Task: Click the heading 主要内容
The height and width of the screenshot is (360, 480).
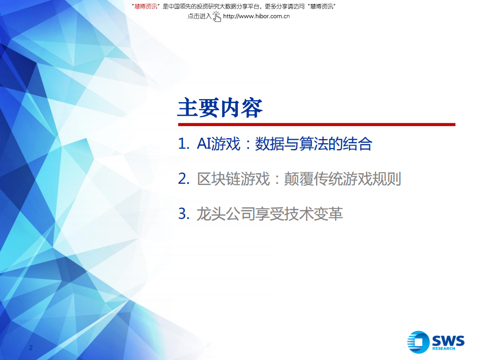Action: coord(220,108)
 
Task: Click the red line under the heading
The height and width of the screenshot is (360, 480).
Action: coord(316,124)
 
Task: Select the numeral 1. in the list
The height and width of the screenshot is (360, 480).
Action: coord(183,145)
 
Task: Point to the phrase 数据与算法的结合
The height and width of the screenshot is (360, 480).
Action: coord(313,145)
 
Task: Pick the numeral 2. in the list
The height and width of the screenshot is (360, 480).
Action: coord(183,179)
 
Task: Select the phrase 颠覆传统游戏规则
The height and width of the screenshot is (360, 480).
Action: coord(342,179)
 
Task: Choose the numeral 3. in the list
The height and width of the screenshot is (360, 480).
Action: coord(183,214)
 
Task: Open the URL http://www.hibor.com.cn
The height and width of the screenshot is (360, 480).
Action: coord(256,16)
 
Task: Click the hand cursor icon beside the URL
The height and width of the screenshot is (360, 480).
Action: coord(217,17)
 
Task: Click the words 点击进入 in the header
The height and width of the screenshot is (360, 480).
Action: coord(199,16)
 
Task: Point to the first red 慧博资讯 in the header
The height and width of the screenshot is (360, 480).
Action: coord(146,6)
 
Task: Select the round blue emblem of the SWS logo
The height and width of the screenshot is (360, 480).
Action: coord(418,342)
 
